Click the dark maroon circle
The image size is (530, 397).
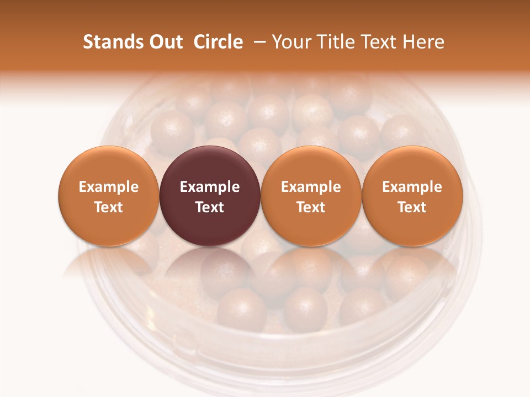210,165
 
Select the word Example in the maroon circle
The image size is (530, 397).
210,187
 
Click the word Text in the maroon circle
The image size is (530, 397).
210,207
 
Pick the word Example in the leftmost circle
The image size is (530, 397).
109,187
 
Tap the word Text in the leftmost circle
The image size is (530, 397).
109,207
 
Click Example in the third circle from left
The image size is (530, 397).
311,187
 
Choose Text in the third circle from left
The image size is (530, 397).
311,207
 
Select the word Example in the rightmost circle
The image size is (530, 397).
412,187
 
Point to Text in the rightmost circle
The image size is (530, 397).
412,207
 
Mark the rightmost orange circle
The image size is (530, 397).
412,165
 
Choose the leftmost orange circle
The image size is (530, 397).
109,165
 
